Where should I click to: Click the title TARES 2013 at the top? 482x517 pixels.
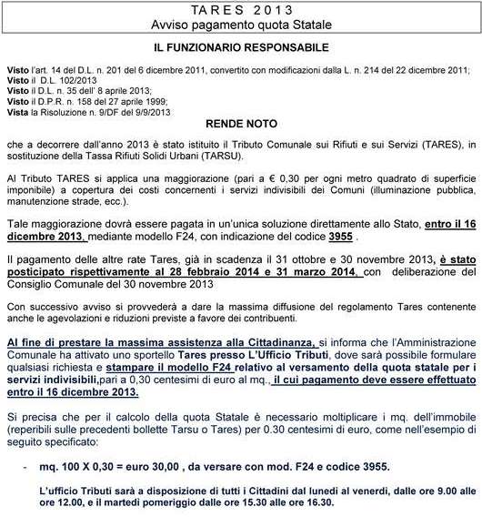click(x=241, y=9)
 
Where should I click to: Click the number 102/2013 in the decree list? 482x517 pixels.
click(x=65, y=78)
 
